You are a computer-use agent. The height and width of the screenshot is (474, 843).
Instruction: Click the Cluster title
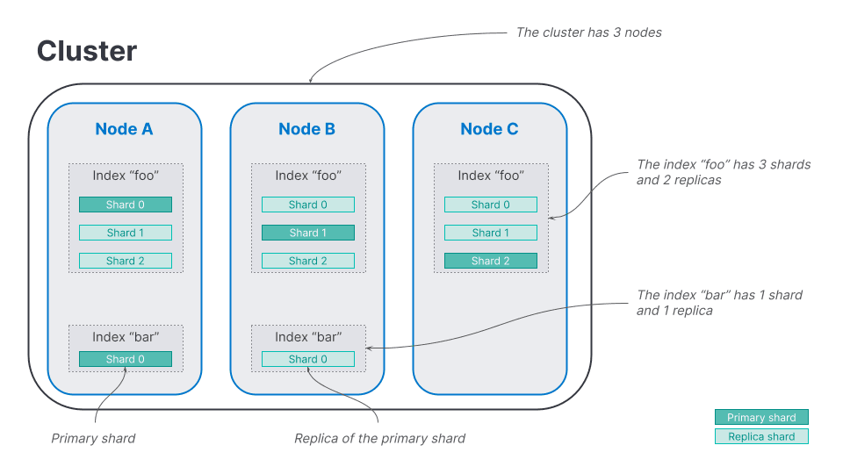[x=86, y=51]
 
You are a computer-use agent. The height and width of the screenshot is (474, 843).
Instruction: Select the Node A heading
[x=124, y=129]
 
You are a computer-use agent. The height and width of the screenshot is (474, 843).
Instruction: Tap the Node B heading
[x=306, y=129]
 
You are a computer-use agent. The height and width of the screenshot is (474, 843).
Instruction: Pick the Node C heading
[x=489, y=129]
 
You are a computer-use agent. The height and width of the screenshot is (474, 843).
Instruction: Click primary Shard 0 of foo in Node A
[x=125, y=205]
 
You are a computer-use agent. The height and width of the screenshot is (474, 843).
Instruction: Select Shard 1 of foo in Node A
[x=125, y=233]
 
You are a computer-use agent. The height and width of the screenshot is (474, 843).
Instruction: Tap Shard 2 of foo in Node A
[x=125, y=261]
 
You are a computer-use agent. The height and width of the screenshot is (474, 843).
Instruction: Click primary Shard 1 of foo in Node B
[x=307, y=233]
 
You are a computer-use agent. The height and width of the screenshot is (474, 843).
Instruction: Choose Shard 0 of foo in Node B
[x=307, y=205]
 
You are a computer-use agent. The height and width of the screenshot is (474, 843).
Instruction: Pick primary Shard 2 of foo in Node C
[x=490, y=261]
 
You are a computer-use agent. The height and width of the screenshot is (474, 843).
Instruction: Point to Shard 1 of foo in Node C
[x=490, y=233]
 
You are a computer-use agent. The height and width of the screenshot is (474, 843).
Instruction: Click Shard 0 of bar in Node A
[x=125, y=359]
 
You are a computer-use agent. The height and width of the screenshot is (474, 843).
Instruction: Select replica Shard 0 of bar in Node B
[x=307, y=359]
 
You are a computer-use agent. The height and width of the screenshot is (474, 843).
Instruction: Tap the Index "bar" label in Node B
[x=307, y=337]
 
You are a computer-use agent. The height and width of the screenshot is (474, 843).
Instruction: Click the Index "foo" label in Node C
[x=490, y=176]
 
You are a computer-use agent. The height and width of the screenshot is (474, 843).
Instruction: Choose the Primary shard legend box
[x=761, y=418]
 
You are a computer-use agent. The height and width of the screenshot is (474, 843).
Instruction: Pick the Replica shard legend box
[x=761, y=436]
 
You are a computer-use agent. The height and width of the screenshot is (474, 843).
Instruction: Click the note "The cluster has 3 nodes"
[x=588, y=32]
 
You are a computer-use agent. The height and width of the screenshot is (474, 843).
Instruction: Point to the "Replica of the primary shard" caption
[x=379, y=438]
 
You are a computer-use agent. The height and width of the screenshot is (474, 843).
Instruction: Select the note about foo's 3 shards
[x=723, y=172]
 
